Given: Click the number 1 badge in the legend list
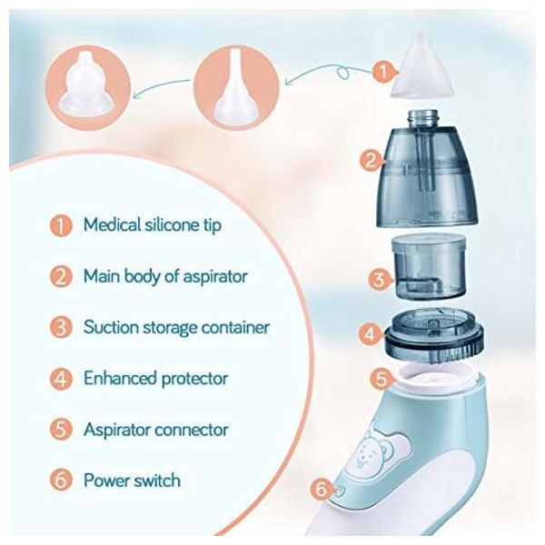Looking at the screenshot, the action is [61, 225].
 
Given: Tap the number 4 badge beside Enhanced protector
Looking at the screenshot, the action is [61, 379].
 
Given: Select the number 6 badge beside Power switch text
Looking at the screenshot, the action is [61, 481].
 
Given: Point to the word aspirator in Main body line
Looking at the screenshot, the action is [214, 277].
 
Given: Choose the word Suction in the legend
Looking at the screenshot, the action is [111, 327].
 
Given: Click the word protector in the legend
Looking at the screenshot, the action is [194, 379].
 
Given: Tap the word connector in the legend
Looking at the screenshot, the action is [192, 431].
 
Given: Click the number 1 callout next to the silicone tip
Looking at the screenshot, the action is [382, 73].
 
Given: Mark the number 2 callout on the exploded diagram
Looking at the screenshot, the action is [371, 161].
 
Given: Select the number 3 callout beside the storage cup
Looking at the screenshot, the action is [379, 280].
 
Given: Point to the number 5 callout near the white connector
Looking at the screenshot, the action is [381, 378].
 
